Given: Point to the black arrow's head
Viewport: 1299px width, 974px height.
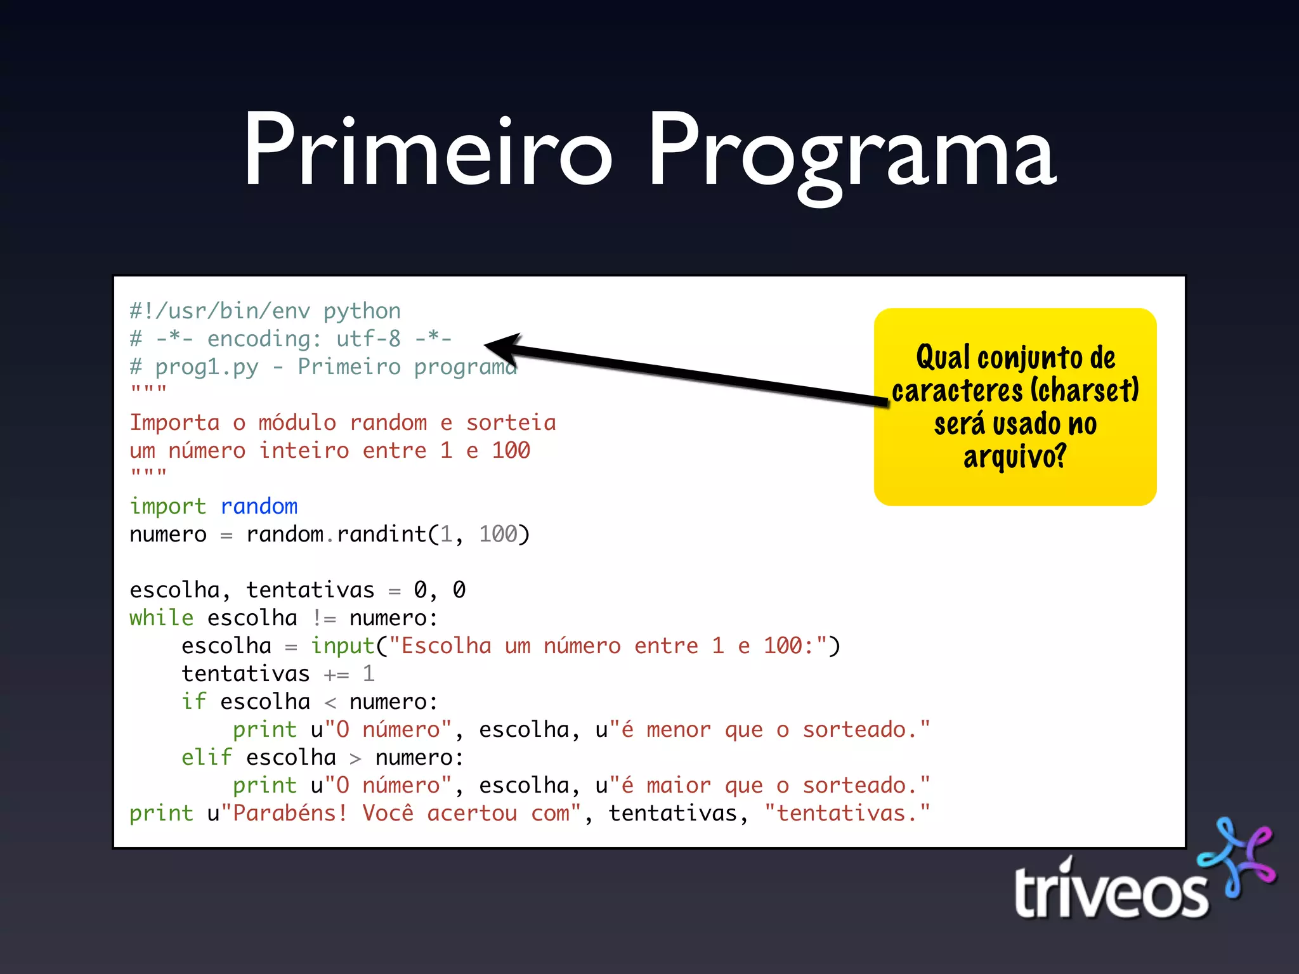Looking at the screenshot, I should click(x=501, y=345).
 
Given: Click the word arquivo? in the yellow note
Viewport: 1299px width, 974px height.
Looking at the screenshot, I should click(x=1015, y=456).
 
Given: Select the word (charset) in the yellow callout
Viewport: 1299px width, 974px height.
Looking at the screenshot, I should click(x=1085, y=390).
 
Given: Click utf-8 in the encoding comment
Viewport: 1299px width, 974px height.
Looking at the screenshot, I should click(x=369, y=339).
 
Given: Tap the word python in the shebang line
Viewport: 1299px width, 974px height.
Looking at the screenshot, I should click(x=362, y=311).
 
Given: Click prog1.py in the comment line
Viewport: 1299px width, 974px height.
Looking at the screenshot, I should click(x=207, y=367).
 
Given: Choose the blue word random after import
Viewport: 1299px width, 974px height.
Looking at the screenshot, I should click(x=259, y=506).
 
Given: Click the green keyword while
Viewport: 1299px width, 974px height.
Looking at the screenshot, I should click(x=161, y=618).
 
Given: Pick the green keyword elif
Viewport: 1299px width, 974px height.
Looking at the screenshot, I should click(x=207, y=757).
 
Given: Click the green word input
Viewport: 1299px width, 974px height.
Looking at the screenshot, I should click(x=343, y=646).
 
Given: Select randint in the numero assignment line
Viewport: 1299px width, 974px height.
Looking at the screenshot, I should click(x=381, y=534).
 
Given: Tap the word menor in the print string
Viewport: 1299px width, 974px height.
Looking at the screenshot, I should click(x=678, y=729).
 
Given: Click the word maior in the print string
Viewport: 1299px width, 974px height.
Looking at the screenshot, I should click(x=678, y=785).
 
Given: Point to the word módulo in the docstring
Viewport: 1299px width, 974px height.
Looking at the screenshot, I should click(x=297, y=422).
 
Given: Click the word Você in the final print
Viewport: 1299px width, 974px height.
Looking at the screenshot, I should click(x=388, y=813).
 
